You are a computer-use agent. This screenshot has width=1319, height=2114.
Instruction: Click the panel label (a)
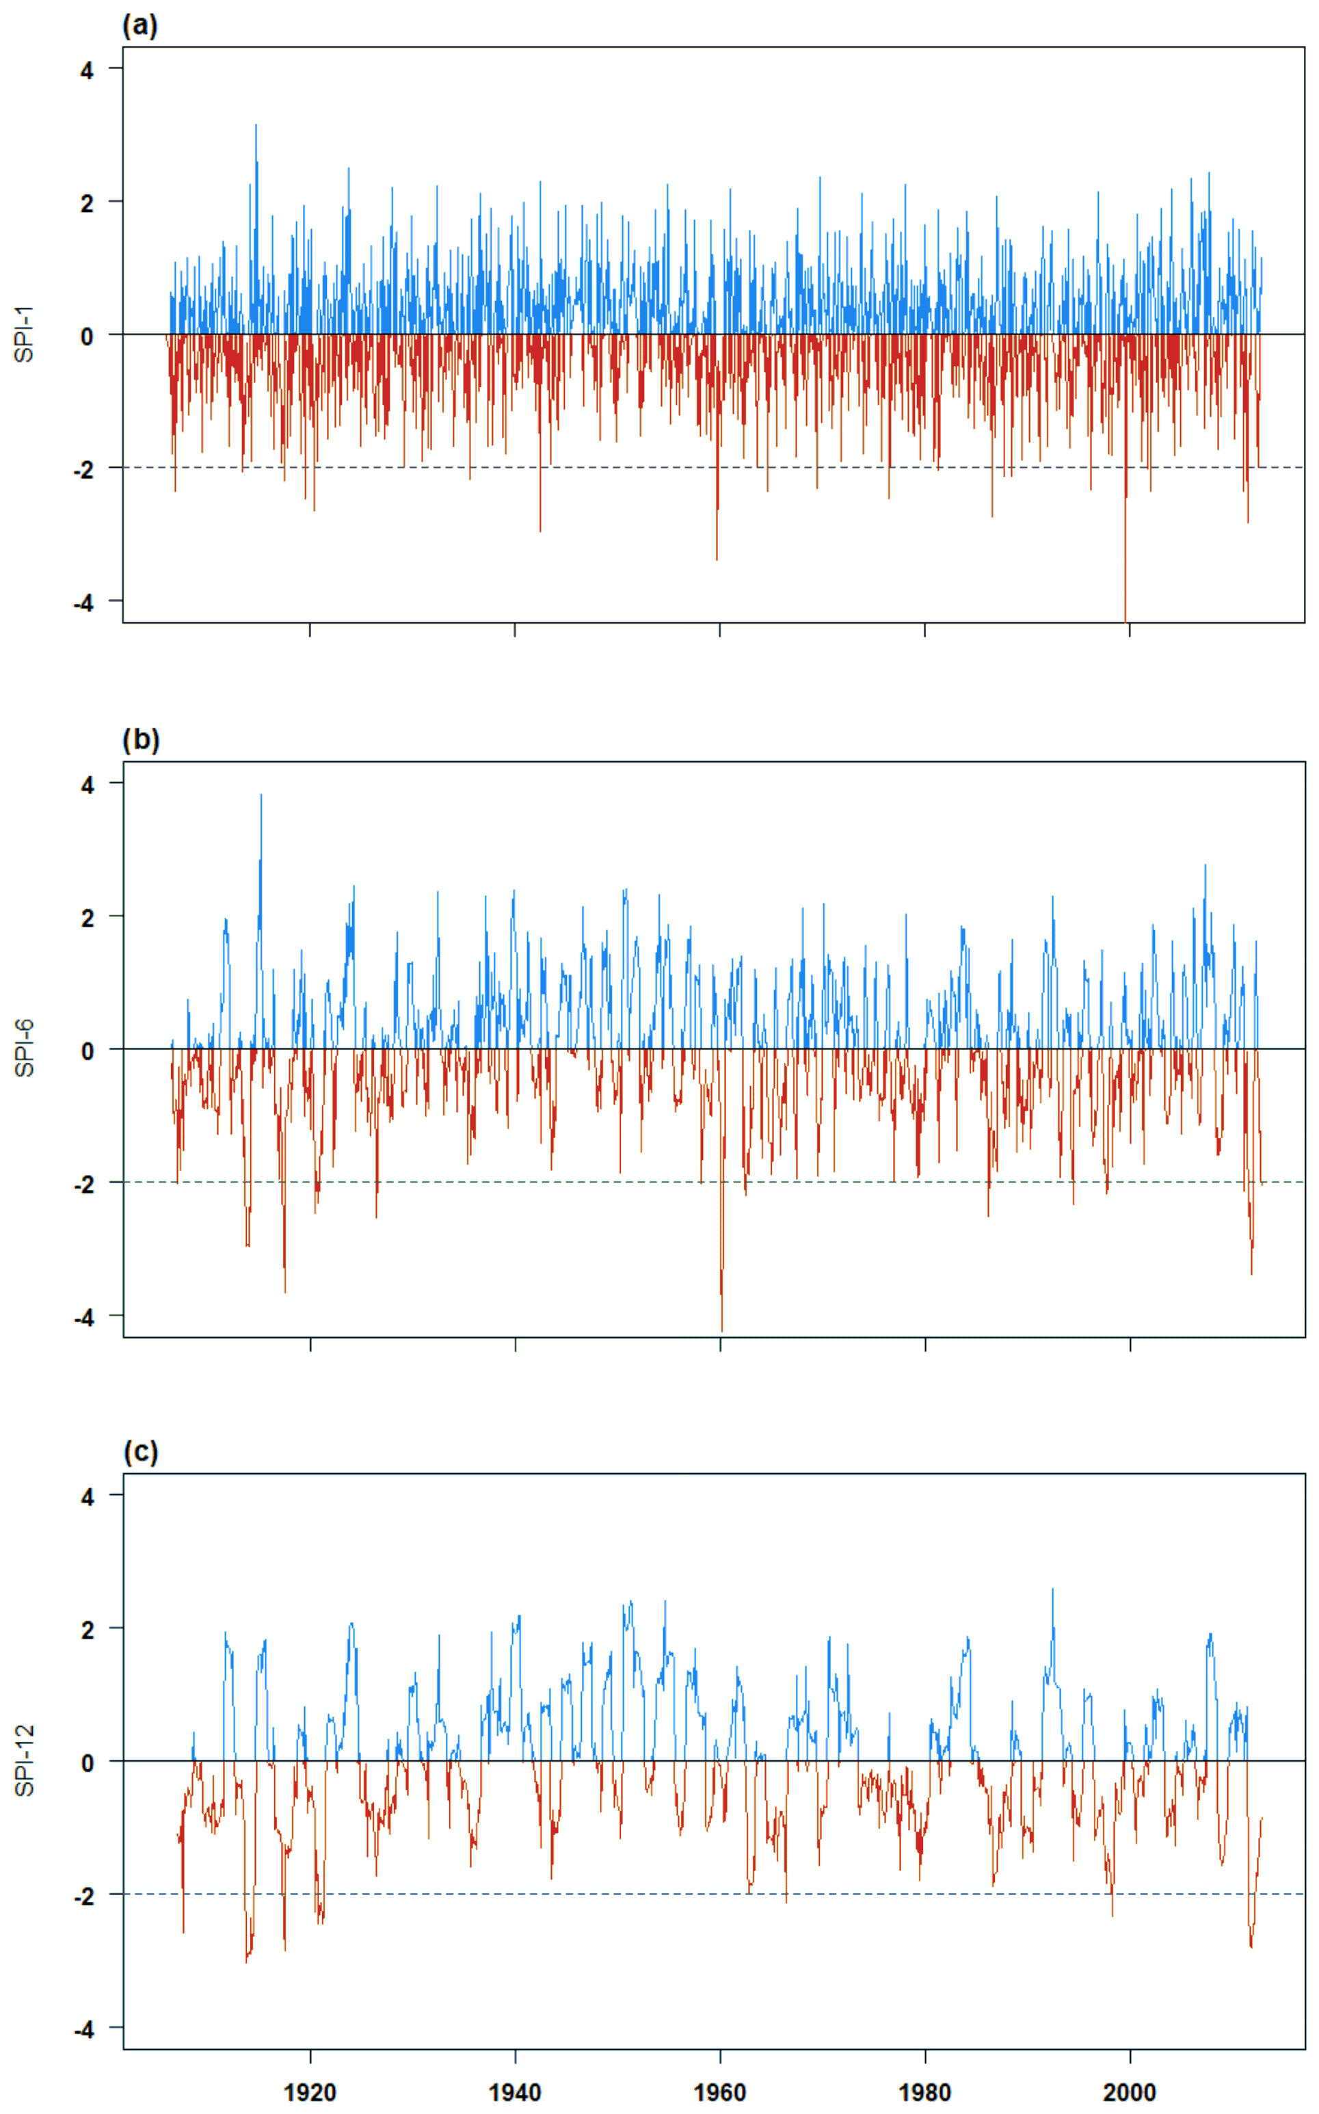coord(139,25)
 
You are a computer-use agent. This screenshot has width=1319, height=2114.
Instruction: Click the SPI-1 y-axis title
coord(25,334)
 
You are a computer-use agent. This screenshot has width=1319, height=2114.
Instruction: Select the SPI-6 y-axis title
coord(25,1048)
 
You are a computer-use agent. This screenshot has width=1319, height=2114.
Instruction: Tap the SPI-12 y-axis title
coord(25,1760)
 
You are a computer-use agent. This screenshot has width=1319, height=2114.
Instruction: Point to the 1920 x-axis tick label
coord(310,2092)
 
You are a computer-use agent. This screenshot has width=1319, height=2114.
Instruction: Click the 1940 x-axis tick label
coord(515,2092)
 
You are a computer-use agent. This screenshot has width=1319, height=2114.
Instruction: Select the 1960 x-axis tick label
coord(720,2092)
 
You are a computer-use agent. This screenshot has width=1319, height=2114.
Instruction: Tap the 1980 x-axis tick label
coord(924,2092)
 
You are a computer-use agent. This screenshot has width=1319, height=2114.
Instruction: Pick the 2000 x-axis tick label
coord(1130,2092)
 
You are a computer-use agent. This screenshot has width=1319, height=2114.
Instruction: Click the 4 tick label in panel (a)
coord(86,70)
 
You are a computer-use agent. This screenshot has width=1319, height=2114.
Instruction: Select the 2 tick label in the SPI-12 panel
coord(86,1629)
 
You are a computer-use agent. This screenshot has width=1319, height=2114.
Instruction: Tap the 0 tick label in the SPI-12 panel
coord(86,1762)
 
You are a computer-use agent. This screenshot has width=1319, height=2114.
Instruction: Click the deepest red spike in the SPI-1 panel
coord(1125,618)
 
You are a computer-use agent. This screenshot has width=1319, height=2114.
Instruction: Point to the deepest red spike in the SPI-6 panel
coord(722,1329)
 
